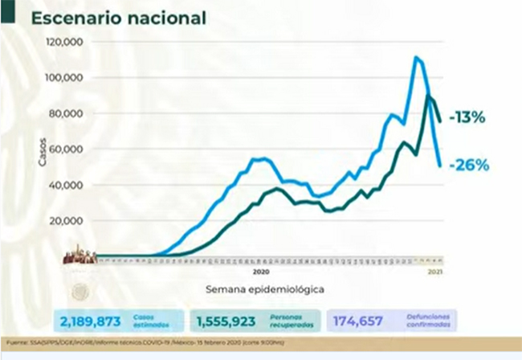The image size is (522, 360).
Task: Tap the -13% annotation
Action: (x=467, y=118)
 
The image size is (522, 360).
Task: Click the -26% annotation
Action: (x=470, y=166)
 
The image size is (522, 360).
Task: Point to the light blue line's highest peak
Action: (x=416, y=58)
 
